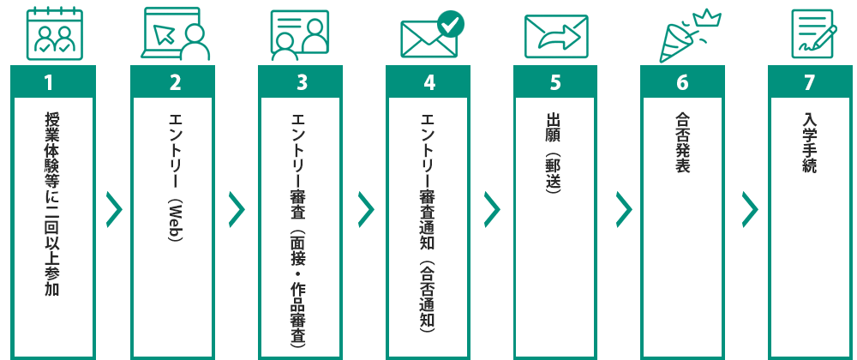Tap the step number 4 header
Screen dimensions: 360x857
[x=428, y=82]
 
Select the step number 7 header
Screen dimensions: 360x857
[x=809, y=82]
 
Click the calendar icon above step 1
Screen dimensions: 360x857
[x=48, y=34]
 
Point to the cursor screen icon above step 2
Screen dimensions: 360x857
[x=175, y=34]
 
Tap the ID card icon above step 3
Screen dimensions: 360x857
[x=300, y=34]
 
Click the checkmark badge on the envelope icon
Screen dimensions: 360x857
[x=450, y=23]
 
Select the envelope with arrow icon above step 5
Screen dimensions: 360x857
[x=555, y=36]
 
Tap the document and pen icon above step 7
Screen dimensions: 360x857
[x=809, y=34]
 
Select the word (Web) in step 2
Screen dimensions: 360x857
[x=175, y=219]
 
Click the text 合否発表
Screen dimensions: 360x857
[x=682, y=141]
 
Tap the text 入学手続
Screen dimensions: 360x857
[x=809, y=141]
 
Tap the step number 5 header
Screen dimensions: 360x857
[x=555, y=82]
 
